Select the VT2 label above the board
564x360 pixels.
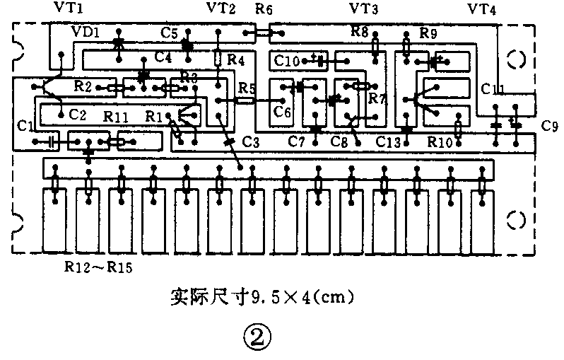coord(222,9)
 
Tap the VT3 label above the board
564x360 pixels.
coord(364,9)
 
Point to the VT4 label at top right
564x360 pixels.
coord(482,9)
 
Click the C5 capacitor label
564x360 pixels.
coord(169,33)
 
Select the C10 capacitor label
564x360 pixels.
coord(288,62)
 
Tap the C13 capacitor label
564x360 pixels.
coord(389,141)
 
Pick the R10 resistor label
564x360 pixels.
coord(441,141)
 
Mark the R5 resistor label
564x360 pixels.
coord(247,88)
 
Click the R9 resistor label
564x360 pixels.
coord(428,33)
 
